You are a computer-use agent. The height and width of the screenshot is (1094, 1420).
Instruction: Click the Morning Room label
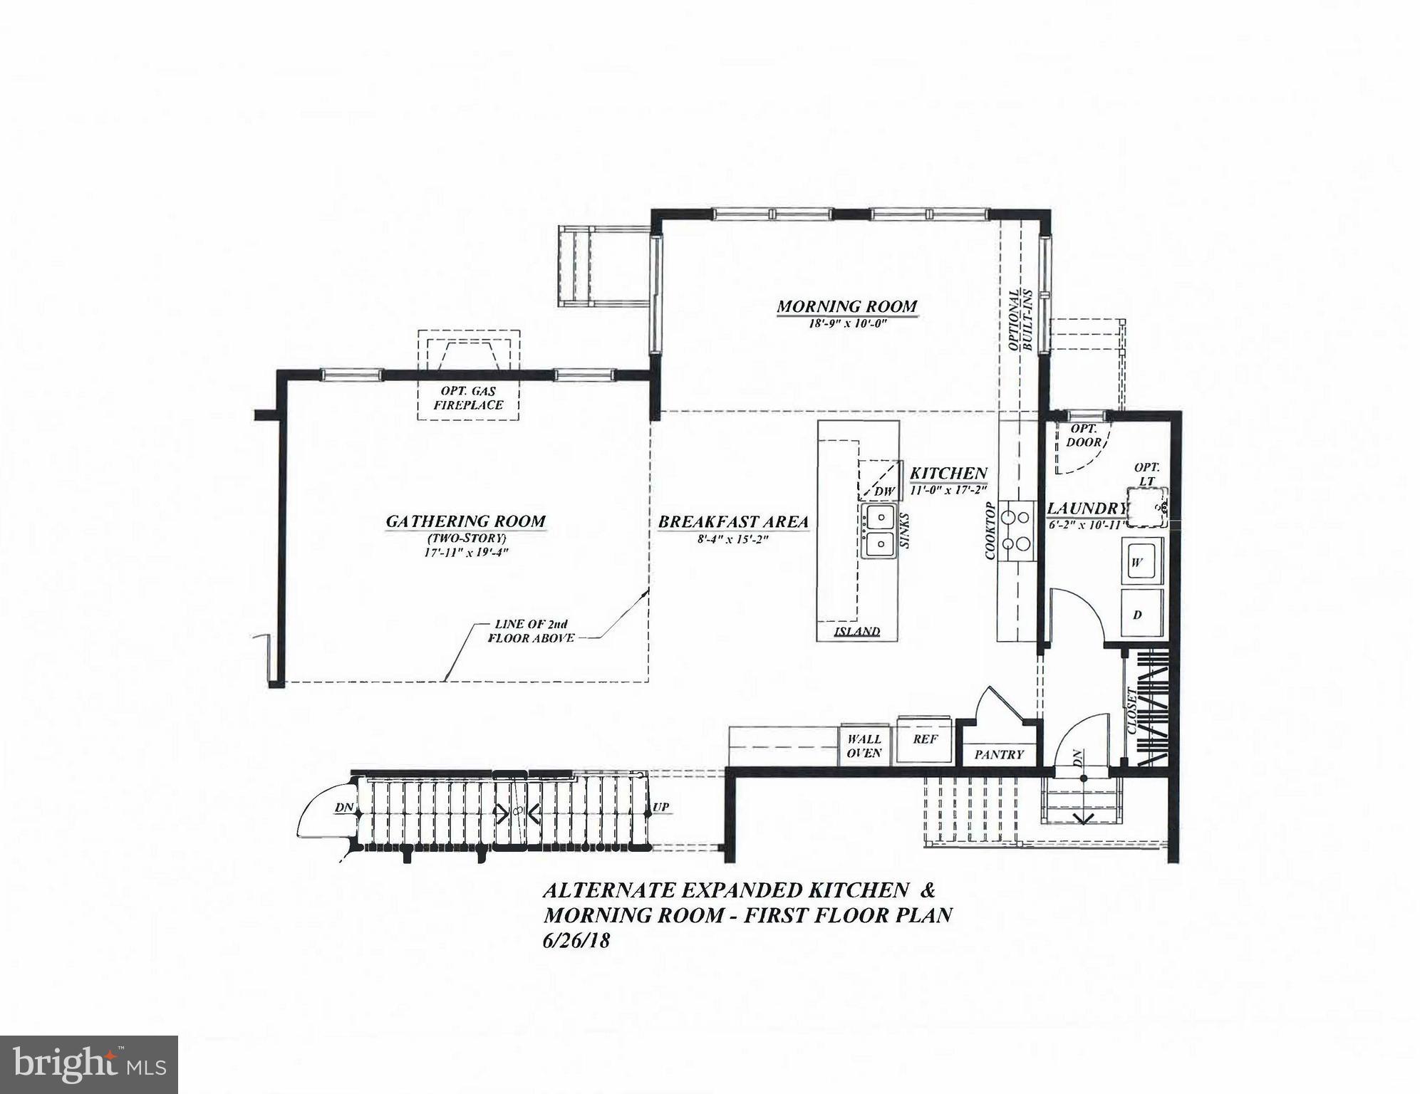click(846, 307)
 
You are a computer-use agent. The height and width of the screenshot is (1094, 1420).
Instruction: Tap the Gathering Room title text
click(465, 521)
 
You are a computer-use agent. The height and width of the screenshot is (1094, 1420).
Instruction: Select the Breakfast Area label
click(733, 522)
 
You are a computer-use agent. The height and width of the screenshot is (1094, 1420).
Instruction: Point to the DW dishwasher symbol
click(883, 491)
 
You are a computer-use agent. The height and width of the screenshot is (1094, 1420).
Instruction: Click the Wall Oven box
click(864, 746)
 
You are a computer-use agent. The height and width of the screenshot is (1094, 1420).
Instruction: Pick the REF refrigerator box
click(925, 739)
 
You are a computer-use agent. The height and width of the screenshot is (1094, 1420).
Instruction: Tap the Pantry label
click(999, 754)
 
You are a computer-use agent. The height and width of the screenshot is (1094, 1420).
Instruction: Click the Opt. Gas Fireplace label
click(468, 398)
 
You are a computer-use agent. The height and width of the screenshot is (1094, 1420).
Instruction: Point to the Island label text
click(856, 632)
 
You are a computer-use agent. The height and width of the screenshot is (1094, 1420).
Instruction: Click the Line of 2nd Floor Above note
click(531, 631)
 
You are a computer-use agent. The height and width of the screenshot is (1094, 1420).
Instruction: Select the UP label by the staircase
click(660, 808)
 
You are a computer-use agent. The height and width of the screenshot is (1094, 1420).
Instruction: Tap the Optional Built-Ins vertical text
click(1021, 321)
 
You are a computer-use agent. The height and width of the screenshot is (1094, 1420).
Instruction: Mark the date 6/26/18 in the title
click(576, 940)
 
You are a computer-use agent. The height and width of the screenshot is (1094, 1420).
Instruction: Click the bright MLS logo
click(88, 1064)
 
